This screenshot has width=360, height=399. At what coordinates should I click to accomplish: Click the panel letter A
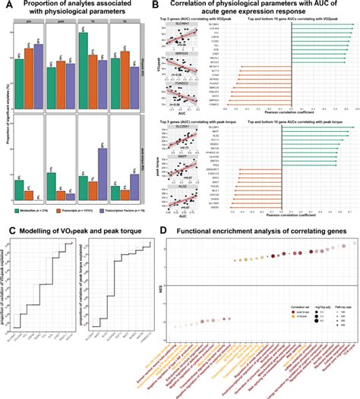[5, 7]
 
